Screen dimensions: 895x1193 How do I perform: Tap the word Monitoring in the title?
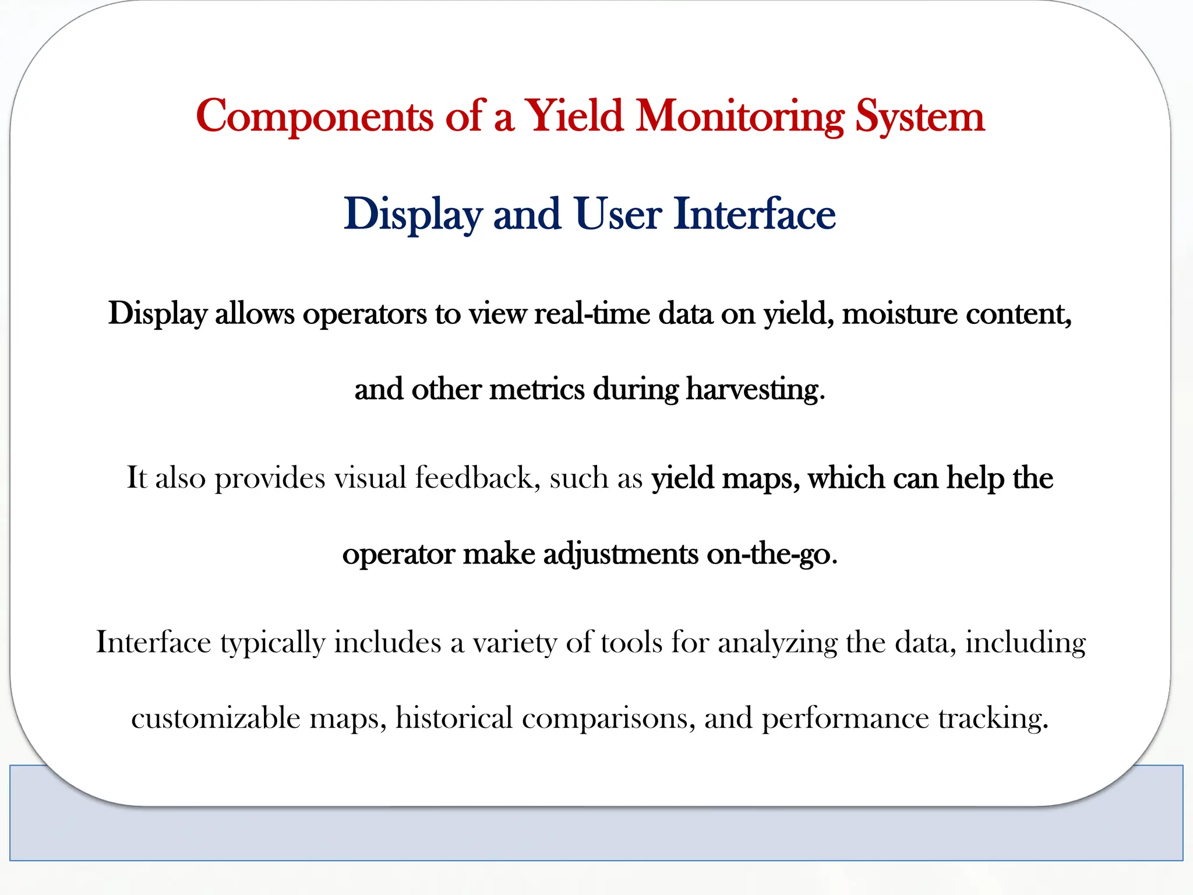coord(740,117)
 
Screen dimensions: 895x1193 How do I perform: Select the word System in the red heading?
coord(920,117)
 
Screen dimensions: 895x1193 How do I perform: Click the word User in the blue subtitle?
coord(617,214)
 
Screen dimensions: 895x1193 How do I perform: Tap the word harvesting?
coord(755,389)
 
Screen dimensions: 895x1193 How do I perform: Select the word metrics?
coord(537,389)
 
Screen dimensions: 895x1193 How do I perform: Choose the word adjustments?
coord(620,554)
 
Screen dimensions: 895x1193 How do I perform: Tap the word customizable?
coord(216,718)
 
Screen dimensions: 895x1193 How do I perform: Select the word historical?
coord(454,718)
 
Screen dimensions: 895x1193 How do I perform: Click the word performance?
coord(845,718)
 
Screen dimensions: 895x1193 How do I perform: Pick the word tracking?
coord(993,718)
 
